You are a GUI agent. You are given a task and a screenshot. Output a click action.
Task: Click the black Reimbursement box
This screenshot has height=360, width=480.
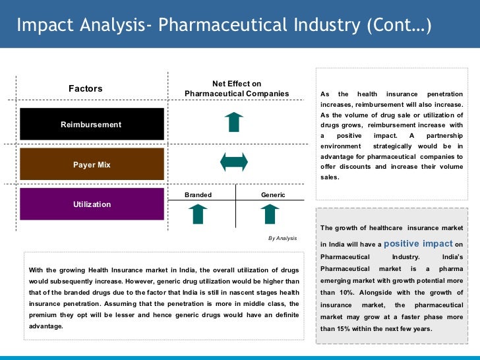[x=92, y=124]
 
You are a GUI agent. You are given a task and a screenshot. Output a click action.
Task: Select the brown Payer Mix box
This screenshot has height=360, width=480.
[x=92, y=164]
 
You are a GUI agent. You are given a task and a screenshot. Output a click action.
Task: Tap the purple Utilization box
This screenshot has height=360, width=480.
[x=92, y=204]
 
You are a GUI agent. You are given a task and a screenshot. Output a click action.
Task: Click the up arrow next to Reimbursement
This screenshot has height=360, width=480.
[x=233, y=123]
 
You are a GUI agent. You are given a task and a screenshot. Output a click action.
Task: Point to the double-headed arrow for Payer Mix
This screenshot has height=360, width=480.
[x=233, y=162]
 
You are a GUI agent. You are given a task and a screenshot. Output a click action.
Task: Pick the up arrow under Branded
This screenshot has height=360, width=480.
[x=198, y=214]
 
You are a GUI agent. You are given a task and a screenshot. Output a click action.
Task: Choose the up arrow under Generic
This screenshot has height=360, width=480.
[x=269, y=214]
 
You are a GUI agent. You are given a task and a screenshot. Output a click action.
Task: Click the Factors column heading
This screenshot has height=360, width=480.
[x=86, y=88]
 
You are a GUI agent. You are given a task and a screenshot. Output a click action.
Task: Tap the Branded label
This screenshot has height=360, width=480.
[x=198, y=195]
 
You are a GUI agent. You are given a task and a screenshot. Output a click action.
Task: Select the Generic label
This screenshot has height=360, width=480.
[x=273, y=195]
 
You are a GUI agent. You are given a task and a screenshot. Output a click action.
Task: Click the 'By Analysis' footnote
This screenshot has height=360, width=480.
[x=282, y=238]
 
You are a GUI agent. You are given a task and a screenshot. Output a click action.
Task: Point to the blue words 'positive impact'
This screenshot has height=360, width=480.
[x=418, y=243]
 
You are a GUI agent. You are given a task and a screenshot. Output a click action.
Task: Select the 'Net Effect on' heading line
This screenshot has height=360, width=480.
[x=237, y=84]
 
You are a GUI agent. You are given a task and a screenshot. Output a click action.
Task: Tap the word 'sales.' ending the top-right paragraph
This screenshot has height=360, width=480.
[x=330, y=177]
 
